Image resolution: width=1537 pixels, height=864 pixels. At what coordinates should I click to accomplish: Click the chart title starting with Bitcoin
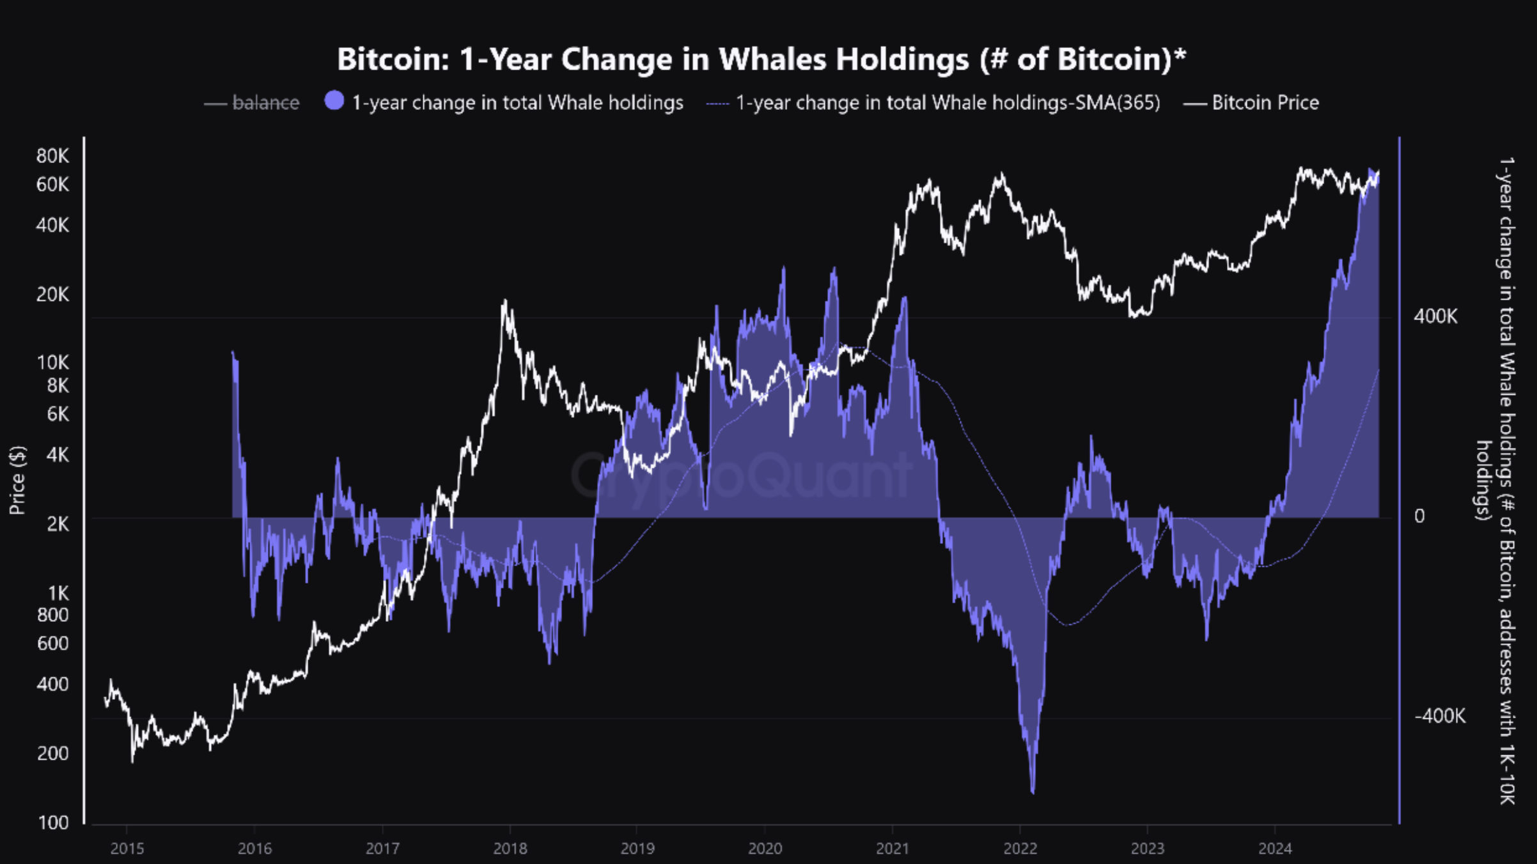(x=761, y=59)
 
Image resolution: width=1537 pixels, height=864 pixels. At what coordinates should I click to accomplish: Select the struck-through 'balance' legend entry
(x=265, y=103)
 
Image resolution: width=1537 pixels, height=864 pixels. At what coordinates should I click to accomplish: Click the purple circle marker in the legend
(x=334, y=101)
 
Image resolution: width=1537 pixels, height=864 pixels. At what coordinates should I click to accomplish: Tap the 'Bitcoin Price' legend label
(x=1265, y=103)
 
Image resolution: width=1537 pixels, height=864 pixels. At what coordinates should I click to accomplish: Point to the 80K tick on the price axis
(x=52, y=156)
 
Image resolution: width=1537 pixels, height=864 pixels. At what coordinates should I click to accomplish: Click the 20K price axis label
(x=52, y=295)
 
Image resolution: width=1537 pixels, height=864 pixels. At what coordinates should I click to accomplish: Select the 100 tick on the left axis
(x=54, y=822)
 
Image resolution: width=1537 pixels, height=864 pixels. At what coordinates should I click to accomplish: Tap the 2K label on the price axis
(x=58, y=524)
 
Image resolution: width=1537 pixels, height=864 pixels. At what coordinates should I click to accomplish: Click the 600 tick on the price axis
(x=53, y=644)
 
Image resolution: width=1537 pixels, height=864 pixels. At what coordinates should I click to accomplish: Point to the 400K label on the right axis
(x=1435, y=316)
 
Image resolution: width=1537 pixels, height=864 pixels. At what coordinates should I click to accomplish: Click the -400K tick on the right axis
(x=1439, y=716)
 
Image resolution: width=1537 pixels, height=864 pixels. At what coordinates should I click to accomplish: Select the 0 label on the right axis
(x=1419, y=516)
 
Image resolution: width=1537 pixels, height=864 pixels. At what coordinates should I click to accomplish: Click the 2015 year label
(x=127, y=849)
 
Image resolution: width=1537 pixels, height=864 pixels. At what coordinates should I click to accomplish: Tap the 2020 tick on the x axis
(x=765, y=849)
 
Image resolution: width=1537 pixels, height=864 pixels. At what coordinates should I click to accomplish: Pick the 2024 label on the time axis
(x=1275, y=849)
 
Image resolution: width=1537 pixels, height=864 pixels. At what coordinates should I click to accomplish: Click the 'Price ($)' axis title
(x=18, y=480)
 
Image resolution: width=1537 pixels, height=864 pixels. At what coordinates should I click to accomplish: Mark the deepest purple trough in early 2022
(x=1033, y=791)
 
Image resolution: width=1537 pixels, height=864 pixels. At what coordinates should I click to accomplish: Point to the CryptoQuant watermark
(x=742, y=476)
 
